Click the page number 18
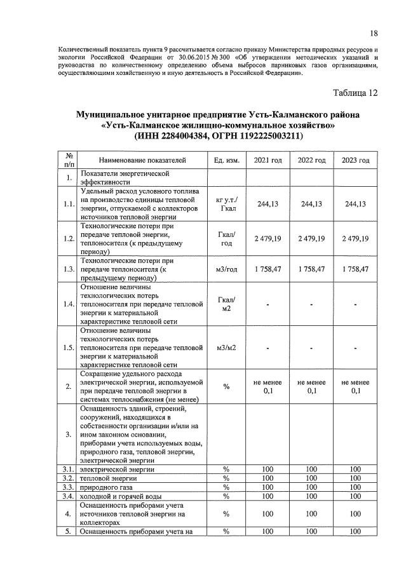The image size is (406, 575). point(374,33)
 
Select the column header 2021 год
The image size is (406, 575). point(267,160)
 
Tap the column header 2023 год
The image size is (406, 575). point(355,160)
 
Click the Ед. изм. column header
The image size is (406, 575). point(226,160)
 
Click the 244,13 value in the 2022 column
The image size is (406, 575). point(311,204)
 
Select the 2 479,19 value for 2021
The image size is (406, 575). point(267,238)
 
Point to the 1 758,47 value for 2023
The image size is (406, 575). point(355,269)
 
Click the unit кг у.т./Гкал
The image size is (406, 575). point(226,204)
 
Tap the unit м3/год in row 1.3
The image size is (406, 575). point(226,269)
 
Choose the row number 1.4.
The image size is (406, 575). point(67,304)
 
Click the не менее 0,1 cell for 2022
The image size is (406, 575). point(311,386)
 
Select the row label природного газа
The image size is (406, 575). point(104,486)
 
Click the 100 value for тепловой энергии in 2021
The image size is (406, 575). point(267,477)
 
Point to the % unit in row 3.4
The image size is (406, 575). point(226,495)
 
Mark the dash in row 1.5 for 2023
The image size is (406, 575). point(355,348)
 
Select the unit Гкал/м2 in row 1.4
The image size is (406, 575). point(226,304)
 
